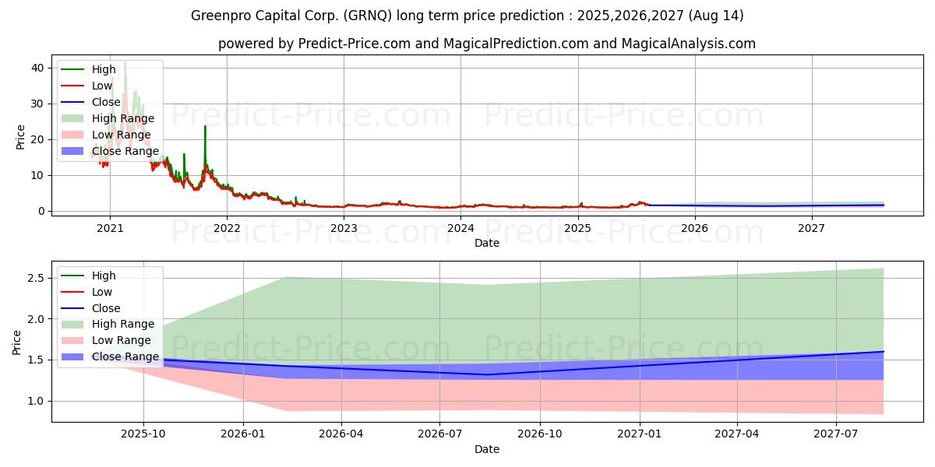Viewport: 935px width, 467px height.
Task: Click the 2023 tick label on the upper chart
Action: pyautogui.click(x=344, y=228)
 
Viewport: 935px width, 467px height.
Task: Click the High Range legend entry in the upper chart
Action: pyautogui.click(x=122, y=118)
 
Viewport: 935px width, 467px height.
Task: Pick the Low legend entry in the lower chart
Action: pyautogui.click(x=101, y=292)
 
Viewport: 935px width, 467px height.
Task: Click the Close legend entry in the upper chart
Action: pyautogui.click(x=106, y=102)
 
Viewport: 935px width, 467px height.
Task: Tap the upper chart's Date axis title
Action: pyautogui.click(x=487, y=243)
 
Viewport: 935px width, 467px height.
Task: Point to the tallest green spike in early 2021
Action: pyautogui.click(x=125, y=61)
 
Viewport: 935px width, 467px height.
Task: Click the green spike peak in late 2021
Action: pyautogui.click(x=205, y=126)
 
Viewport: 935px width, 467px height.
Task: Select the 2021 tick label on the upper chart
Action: pyautogui.click(x=110, y=228)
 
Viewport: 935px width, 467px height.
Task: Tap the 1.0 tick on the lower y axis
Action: pyautogui.click(x=36, y=402)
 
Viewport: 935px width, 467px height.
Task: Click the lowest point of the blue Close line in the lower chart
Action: pyautogui.click(x=487, y=374)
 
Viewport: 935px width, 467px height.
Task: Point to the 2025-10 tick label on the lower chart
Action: pyautogui.click(x=143, y=434)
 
